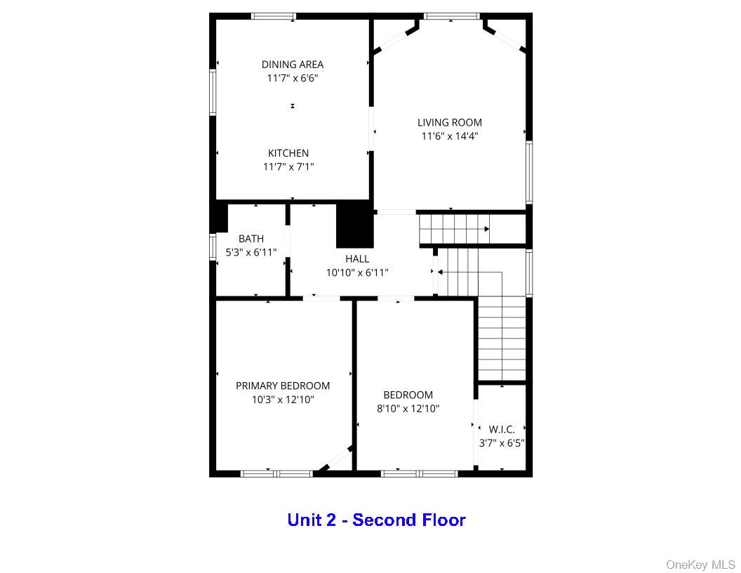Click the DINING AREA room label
(x=293, y=65)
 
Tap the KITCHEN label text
(x=288, y=153)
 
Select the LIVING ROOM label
(x=450, y=122)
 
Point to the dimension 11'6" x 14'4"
(x=450, y=137)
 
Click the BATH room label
(x=251, y=239)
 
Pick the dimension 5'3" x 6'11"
(x=251, y=252)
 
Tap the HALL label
(x=357, y=259)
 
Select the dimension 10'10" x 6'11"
(x=357, y=272)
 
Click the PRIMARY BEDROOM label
(x=283, y=386)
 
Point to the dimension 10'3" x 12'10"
(x=283, y=400)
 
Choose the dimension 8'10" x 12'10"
(x=408, y=409)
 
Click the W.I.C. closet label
(x=502, y=429)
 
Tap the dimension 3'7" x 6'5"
(x=502, y=443)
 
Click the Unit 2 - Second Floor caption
(x=376, y=520)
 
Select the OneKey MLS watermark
(x=700, y=565)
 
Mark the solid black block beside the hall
(x=355, y=225)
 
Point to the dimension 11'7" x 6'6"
(x=293, y=79)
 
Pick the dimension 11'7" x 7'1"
(x=288, y=167)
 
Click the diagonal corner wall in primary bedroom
(x=334, y=459)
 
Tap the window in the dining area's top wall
(x=274, y=16)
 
